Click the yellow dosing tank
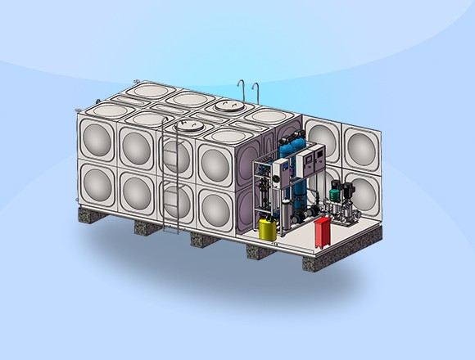(x=268, y=227)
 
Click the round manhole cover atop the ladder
(x=190, y=126)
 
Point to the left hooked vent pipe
(x=240, y=90)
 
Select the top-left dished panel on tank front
(x=97, y=138)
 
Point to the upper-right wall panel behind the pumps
(x=361, y=148)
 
